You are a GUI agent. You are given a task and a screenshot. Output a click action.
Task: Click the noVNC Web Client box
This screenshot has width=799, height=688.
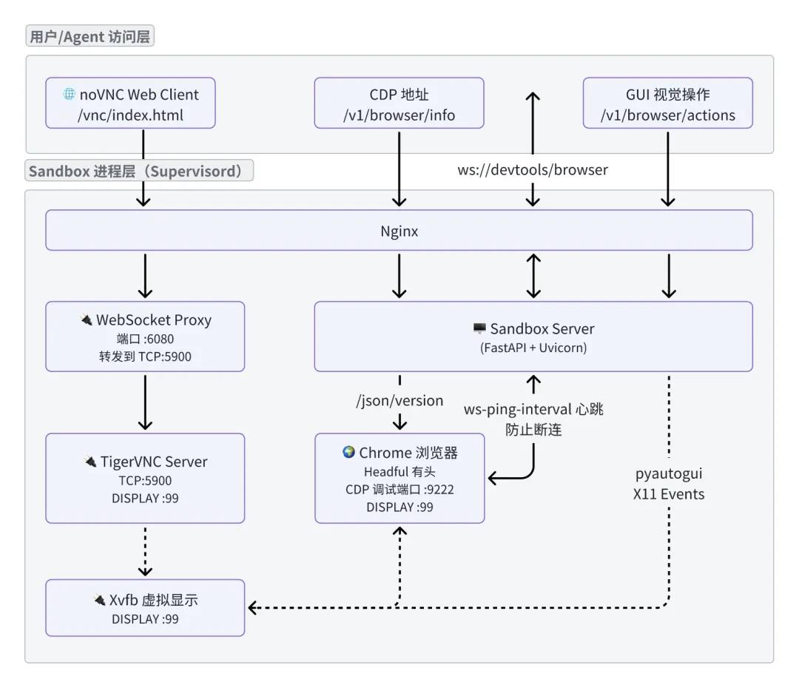coord(130,104)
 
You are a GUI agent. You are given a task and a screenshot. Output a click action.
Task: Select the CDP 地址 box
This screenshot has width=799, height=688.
coord(399,104)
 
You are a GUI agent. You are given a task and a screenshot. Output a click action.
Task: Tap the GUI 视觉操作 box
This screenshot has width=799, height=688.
coord(667,104)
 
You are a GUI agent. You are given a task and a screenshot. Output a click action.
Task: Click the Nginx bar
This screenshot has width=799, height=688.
coord(399,231)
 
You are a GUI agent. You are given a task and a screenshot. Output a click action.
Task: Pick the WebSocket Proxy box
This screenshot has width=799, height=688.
coord(145,336)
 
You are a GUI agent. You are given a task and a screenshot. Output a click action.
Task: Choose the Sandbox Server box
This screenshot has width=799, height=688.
coord(533,336)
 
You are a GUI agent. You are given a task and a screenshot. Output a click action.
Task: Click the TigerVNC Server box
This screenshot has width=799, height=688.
coord(145,478)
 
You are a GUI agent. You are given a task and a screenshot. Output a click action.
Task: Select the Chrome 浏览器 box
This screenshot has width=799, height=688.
coord(399,478)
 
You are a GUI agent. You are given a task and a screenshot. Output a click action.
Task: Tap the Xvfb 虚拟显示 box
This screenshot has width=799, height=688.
coord(145,607)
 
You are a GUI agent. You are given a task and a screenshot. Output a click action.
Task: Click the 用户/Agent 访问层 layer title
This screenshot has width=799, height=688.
coord(90,36)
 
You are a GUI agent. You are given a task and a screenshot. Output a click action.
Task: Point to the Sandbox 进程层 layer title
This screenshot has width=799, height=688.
coord(139,172)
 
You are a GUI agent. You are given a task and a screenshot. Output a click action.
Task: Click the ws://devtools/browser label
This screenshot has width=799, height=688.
coord(532,169)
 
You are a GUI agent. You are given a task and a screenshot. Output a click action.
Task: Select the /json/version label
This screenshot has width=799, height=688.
coord(399,400)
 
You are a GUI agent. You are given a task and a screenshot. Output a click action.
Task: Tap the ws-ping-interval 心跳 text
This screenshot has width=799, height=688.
coord(533,409)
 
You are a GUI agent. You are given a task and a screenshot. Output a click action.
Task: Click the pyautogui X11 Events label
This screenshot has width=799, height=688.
coord(669,484)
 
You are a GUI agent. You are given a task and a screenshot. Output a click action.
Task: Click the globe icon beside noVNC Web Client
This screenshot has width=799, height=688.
coord(70,94)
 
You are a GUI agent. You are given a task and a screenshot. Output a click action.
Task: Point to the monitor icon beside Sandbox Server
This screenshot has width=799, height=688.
coord(479,328)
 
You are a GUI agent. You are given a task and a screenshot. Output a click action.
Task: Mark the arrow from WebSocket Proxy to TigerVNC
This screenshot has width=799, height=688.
coord(145,402)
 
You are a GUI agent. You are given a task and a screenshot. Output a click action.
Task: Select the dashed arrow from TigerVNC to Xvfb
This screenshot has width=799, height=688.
coord(145,551)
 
